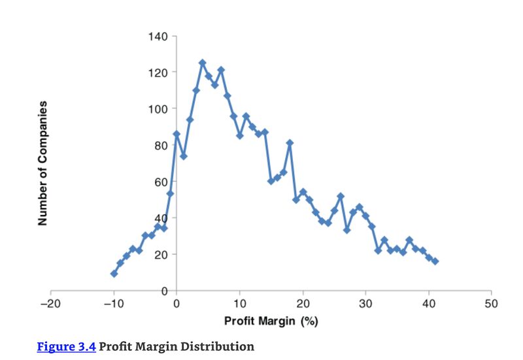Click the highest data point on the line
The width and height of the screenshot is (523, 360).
pos(202,63)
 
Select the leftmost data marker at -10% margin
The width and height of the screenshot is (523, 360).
pos(114,274)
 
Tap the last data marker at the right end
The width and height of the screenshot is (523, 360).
pos(435,261)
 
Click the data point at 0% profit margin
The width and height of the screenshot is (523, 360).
pos(177,134)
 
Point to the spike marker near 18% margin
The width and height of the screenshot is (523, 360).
pos(290,142)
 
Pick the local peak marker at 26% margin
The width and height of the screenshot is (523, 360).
pos(341,196)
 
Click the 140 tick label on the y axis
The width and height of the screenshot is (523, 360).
pos(159,36)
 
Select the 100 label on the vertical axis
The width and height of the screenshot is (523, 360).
pos(159,108)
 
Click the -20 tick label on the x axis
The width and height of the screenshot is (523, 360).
pos(50,304)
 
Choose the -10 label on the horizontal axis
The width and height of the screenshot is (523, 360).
pos(113,304)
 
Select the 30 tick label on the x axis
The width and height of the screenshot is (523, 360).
pos(365,304)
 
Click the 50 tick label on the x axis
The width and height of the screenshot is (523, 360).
pos(492,304)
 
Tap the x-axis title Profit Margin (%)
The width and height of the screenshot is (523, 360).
pos(271,321)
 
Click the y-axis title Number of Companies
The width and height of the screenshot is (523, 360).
pos(43,163)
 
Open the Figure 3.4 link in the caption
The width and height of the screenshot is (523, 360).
pos(66,346)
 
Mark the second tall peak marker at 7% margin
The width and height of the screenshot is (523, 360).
pos(221,70)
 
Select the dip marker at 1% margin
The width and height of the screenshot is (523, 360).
pos(183,156)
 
